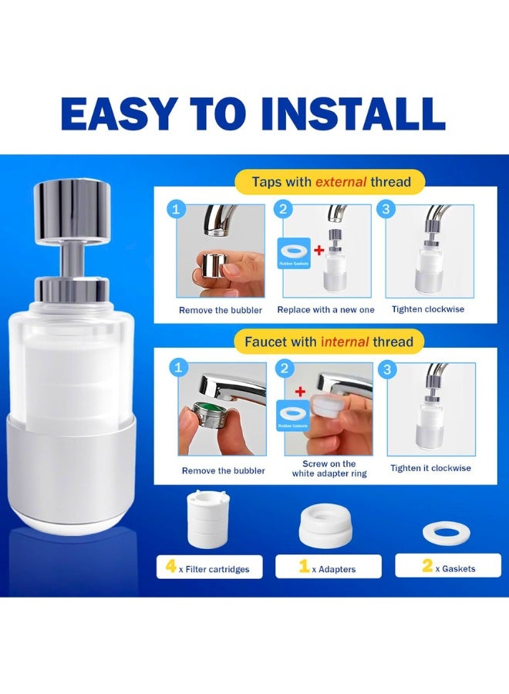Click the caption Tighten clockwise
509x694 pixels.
(x=428, y=309)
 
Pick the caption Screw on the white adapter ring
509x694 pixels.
(x=324, y=469)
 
